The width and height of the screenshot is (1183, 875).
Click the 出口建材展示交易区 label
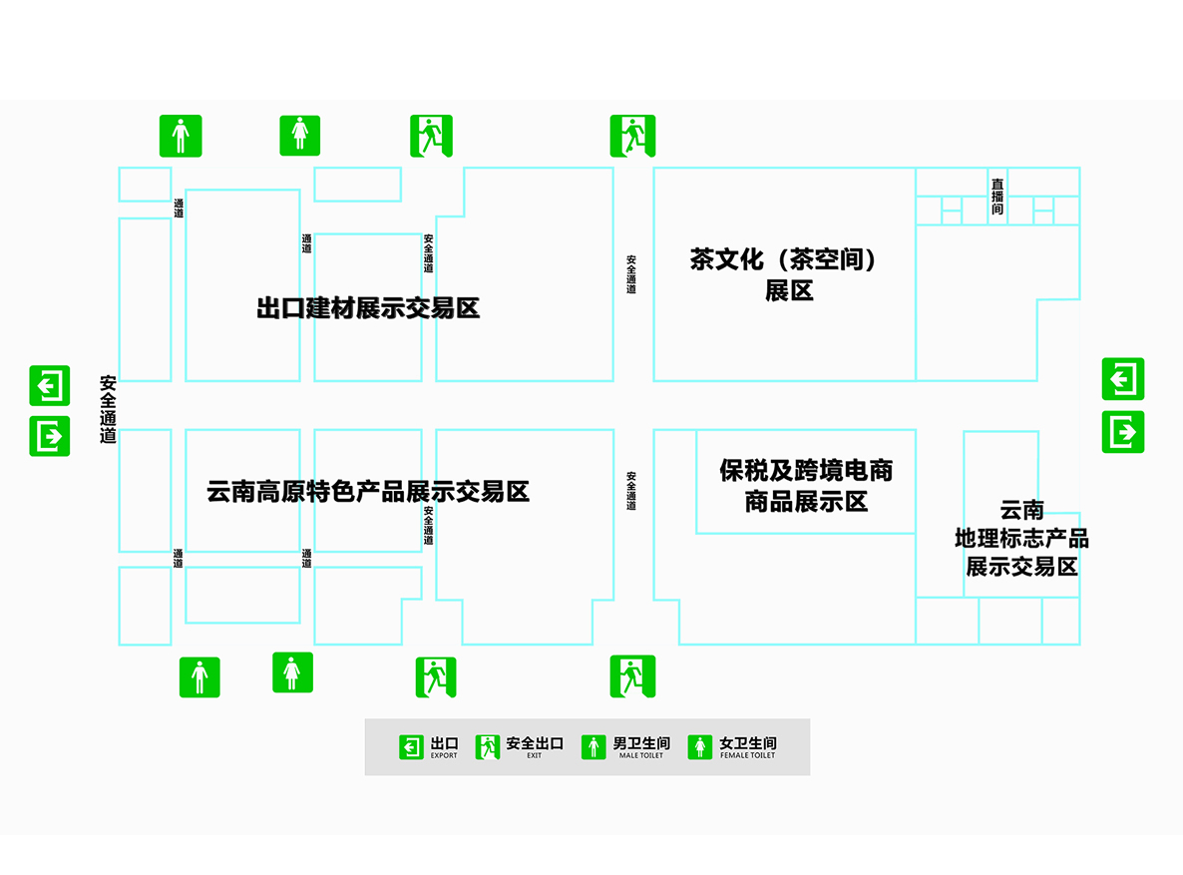368,308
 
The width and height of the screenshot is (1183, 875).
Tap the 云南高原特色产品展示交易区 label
368,491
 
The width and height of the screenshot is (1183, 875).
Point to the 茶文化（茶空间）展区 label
788,274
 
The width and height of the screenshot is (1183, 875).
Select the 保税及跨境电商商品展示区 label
806,485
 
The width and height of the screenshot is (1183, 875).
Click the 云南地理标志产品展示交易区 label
1021,539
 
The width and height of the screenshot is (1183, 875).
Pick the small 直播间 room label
997,197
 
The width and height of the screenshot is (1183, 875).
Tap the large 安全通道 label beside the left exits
109,409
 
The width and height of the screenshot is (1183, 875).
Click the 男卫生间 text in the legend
641,743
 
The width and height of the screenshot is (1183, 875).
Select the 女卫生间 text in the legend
747,743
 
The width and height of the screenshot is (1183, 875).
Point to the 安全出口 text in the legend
535,743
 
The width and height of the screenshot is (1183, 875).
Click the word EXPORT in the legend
444,755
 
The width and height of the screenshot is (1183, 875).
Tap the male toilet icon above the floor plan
181,136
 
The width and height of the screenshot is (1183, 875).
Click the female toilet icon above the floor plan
299,136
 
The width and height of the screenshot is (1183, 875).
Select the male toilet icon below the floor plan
199,676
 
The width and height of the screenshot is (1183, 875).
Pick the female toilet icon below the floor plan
292,672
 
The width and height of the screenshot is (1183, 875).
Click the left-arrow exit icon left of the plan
50,385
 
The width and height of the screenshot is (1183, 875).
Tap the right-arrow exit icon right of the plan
1123,432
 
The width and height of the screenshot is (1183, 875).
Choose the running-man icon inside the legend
488,746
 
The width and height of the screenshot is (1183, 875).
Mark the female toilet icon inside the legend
700,746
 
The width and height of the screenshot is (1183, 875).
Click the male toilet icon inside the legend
594,746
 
